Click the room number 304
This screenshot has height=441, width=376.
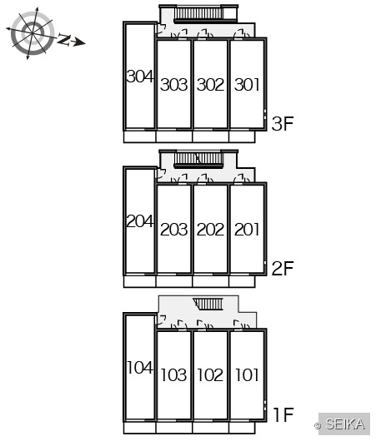coord(140,77)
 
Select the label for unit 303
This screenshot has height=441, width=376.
coord(174,85)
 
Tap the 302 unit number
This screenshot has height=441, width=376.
coord(211,85)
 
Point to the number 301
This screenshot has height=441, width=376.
coord(247,85)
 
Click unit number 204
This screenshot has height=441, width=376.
coord(140,221)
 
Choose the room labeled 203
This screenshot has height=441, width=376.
coord(174,230)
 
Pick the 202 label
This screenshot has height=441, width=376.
coord(211,230)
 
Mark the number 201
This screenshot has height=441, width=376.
coord(247,230)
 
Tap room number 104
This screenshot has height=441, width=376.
coord(140,367)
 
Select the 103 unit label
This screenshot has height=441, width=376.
coord(174,375)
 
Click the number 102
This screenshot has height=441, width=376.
coord(210,375)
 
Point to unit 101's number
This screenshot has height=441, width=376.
coord(247,375)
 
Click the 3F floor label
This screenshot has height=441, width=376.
coord(283,124)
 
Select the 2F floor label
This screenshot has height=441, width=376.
coord(283,268)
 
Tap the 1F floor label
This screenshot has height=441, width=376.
coord(283,414)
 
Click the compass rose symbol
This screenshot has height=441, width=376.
coord(33,33)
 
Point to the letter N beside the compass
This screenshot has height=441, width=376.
coord(64,39)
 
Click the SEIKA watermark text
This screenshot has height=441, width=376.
coord(344,424)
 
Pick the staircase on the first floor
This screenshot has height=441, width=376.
coord(208,304)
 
